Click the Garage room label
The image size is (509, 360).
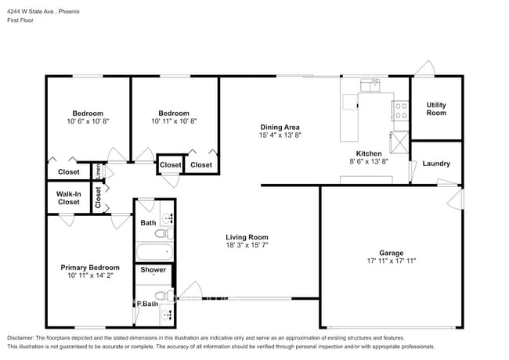tap(392, 253)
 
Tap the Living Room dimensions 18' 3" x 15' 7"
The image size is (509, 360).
tap(247, 245)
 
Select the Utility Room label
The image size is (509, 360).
tap(436, 109)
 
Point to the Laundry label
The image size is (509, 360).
tap(436, 164)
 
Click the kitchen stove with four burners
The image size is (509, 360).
tap(401, 111)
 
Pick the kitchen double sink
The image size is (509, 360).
tap(370, 85)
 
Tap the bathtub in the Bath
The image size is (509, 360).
tap(154, 252)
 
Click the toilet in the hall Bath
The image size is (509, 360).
tap(164, 233)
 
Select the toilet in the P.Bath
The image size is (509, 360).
tap(164, 296)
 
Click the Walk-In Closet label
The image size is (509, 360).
tap(68, 198)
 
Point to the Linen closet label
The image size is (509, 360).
tap(98, 171)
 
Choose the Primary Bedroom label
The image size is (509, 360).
tap(90, 268)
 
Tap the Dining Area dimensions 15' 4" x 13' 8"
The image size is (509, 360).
tap(280, 135)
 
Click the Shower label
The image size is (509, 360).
tap(153, 270)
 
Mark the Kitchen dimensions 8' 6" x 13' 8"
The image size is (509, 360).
tap(369, 161)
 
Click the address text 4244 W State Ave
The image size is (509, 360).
tap(31, 12)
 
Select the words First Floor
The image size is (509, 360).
tap(20, 20)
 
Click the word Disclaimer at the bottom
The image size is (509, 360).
tap(20, 337)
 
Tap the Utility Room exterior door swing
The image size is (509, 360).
tap(424, 69)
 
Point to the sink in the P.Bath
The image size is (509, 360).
tap(167, 314)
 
